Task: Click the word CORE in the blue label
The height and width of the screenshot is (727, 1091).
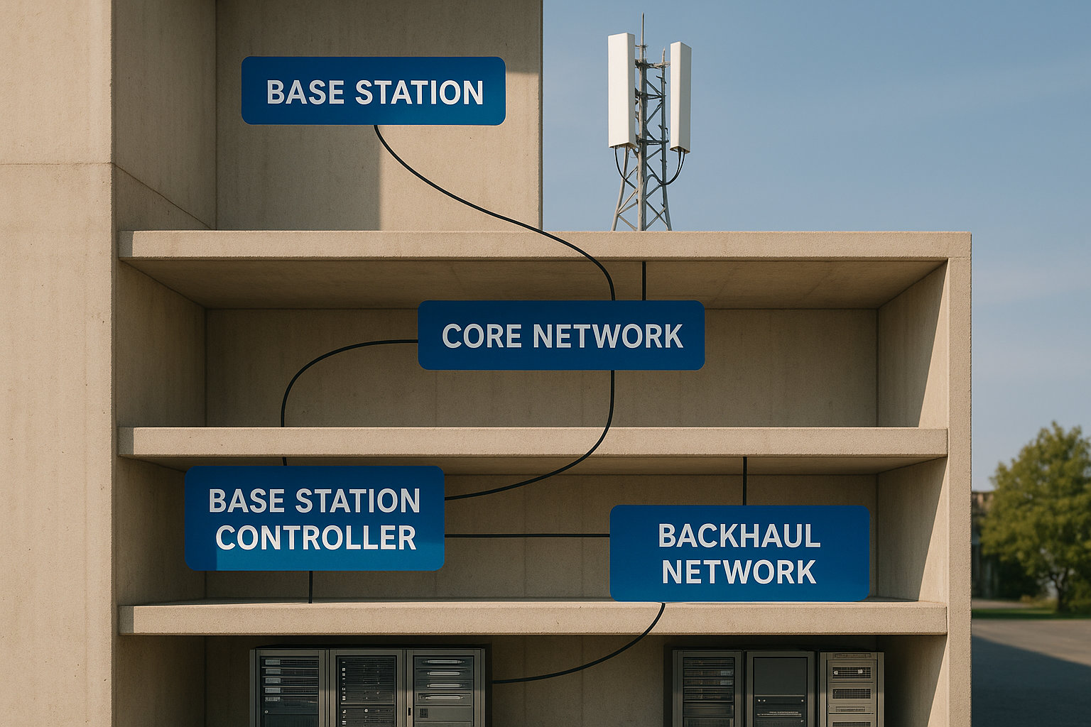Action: [x=482, y=336]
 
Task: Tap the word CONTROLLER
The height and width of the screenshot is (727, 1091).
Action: [x=315, y=538]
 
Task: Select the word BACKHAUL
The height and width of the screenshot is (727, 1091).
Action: [x=739, y=536]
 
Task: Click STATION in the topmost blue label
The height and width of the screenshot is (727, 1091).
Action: [x=419, y=93]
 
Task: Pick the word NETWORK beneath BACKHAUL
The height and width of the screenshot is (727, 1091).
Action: [x=739, y=572]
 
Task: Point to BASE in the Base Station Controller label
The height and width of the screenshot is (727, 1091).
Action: [x=247, y=501]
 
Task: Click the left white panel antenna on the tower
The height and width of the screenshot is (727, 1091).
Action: [x=621, y=89]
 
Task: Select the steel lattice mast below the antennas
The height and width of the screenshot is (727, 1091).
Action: [x=642, y=192]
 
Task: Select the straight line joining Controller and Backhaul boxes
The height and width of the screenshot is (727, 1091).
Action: [x=527, y=535]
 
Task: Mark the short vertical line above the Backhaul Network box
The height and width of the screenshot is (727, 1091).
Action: [x=744, y=481]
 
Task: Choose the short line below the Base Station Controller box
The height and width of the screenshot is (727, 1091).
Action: [x=310, y=586]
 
